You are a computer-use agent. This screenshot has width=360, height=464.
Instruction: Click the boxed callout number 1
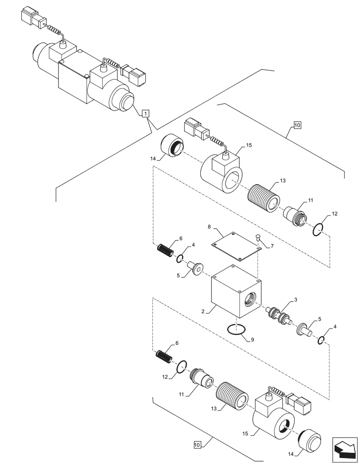pos(145,113)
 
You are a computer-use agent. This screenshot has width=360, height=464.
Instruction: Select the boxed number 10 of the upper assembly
pos(297,125)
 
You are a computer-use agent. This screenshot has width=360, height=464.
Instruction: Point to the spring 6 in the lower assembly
pos(163,358)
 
